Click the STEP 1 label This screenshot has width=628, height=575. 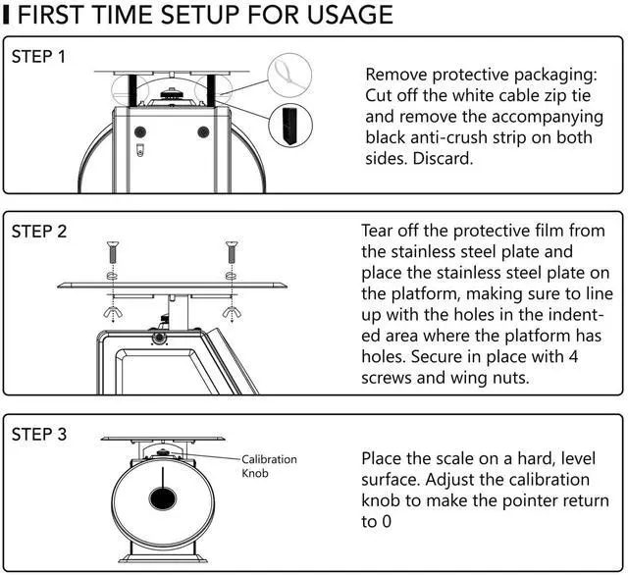(39, 56)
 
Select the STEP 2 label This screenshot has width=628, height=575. (39, 233)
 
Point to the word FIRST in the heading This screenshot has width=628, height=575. (58, 16)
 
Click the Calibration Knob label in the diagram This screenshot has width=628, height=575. (269, 465)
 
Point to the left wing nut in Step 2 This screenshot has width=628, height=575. (112, 313)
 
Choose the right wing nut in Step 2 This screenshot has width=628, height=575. (232, 313)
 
